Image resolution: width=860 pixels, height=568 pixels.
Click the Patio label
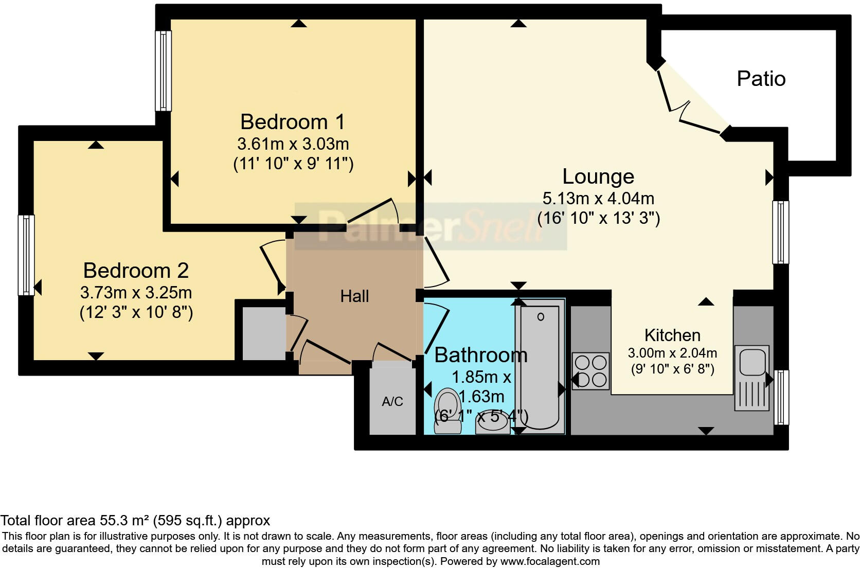761,79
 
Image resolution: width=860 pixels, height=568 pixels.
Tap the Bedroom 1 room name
292,122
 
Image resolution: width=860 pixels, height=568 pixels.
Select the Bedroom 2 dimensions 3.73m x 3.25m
136,293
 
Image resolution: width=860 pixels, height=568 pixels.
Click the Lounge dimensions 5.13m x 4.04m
598,198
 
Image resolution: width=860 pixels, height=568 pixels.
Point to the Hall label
354,296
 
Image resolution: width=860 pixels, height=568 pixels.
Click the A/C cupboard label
392,402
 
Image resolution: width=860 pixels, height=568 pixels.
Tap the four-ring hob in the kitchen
590,371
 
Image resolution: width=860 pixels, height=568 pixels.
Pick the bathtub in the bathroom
540,366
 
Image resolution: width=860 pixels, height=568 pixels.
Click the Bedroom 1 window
164,70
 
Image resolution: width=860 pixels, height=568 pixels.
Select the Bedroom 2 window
26,255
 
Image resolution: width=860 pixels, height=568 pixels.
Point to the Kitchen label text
672,335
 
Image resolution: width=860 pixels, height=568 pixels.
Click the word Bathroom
480,355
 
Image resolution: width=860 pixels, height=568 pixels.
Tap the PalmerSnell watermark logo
431,227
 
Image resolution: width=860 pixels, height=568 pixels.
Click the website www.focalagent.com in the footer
549,561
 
